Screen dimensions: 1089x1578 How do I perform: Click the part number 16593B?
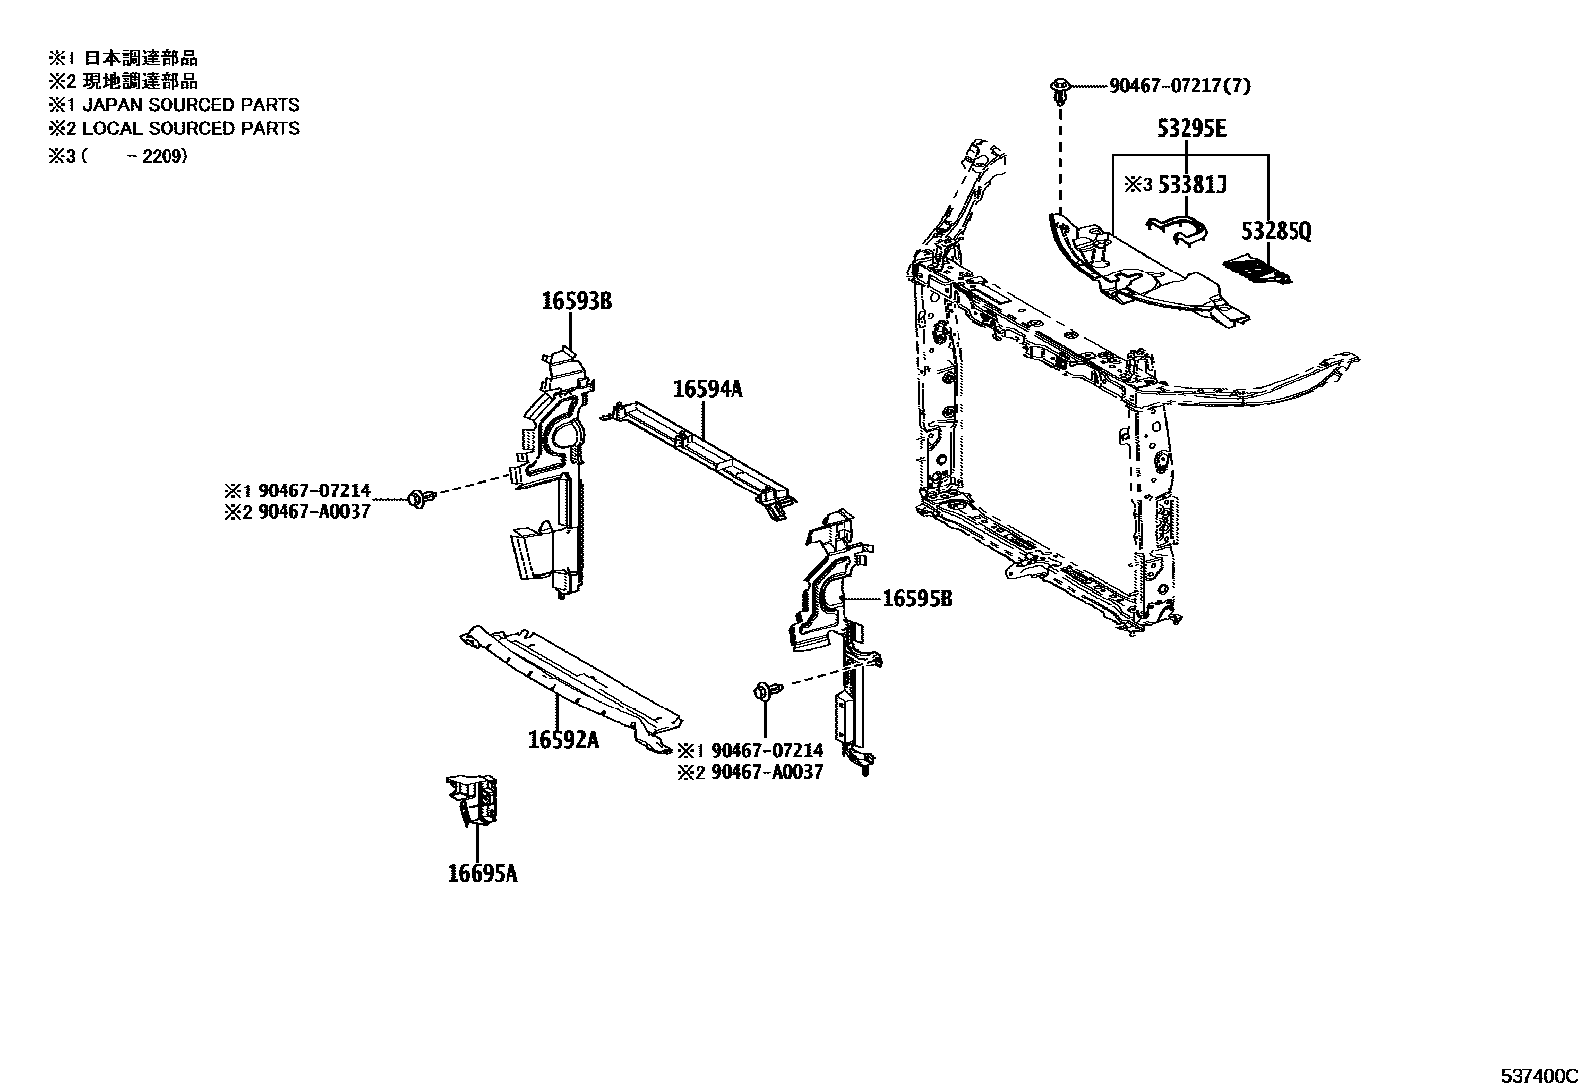pos(576,301)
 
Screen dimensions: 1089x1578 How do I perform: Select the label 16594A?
pos(707,389)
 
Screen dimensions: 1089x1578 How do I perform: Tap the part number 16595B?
pos(917,599)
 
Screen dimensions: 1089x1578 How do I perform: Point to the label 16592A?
pos(563,740)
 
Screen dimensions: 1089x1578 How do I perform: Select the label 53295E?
pos(1189,129)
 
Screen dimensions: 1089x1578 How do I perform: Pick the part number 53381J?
pos(1189,185)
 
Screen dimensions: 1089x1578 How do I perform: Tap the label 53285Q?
pos(1277,232)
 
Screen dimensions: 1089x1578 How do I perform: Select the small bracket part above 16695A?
pos(473,800)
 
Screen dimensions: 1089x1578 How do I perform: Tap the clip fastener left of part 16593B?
pos(419,498)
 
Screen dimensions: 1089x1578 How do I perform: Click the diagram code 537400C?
pos(1536,1076)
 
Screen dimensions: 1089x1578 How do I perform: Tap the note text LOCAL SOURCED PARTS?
pos(190,128)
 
